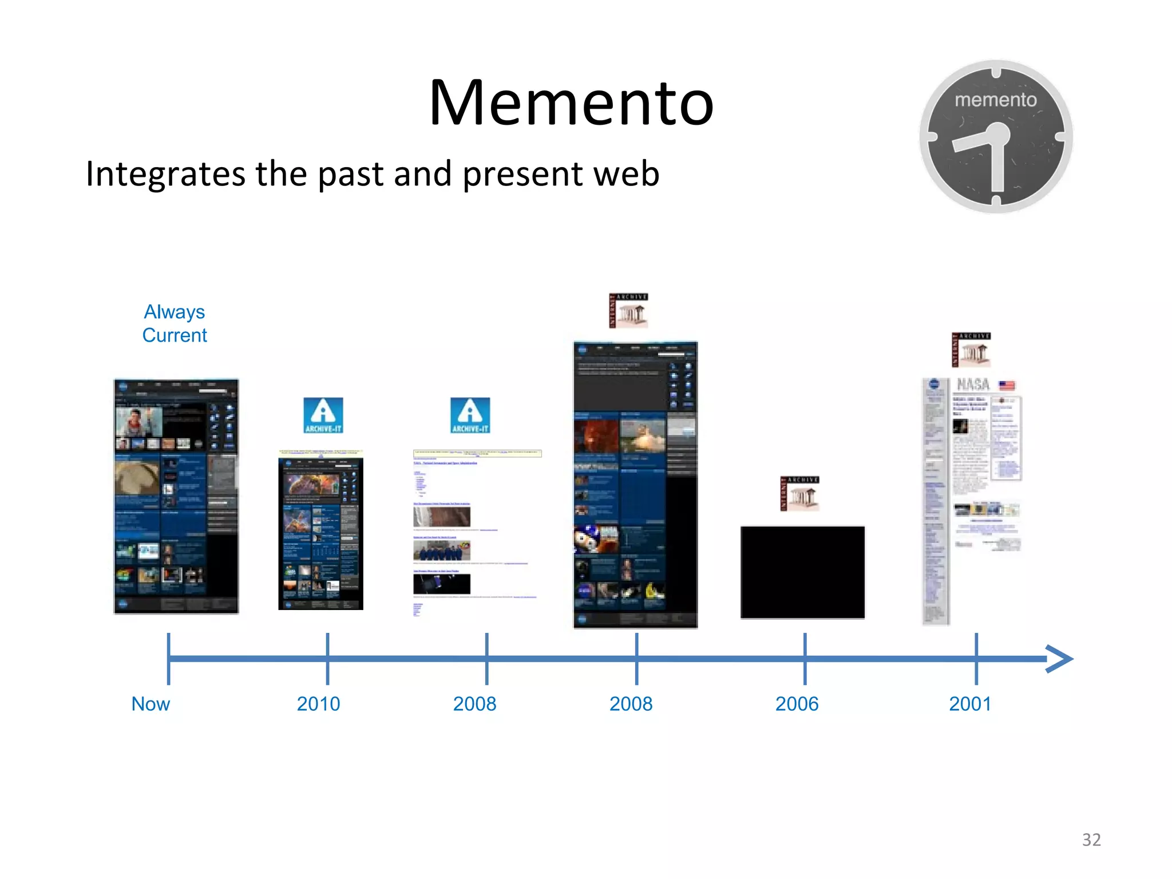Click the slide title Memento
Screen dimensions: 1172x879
pyautogui.click(x=571, y=103)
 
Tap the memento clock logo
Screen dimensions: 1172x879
pyautogui.click(x=996, y=137)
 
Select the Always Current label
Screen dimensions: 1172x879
pyautogui.click(x=175, y=323)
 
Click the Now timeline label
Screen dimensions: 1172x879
pyautogui.click(x=151, y=704)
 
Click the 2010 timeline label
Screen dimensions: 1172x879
pyautogui.click(x=318, y=704)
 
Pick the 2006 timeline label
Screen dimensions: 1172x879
pyautogui.click(x=797, y=704)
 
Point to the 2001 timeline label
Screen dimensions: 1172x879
pyautogui.click(x=970, y=704)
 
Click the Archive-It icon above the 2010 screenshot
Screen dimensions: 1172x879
pyautogui.click(x=323, y=415)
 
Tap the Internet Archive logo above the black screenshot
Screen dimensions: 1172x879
pyautogui.click(x=800, y=493)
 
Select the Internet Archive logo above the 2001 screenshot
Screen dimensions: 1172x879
pyautogui.click(x=971, y=350)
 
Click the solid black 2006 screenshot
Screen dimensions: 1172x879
pyautogui.click(x=802, y=572)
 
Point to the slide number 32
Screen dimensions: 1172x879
pyautogui.click(x=1091, y=840)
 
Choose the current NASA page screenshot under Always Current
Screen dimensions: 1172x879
pyautogui.click(x=176, y=496)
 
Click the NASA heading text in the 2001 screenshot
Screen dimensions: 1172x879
pyautogui.click(x=973, y=384)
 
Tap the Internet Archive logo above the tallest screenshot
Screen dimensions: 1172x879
pyautogui.click(x=629, y=311)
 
